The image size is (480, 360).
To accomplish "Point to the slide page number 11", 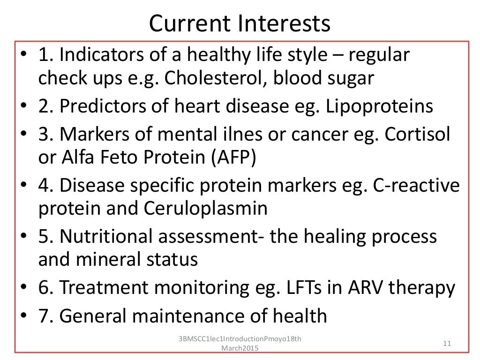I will [446, 344].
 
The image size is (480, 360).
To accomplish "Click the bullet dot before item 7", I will [24, 316].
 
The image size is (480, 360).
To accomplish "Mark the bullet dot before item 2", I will [24, 107].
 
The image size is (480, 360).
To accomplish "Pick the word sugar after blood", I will [347, 78].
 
